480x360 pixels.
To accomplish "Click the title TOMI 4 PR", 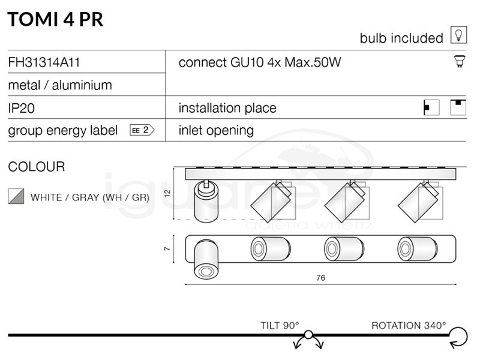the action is pos(55,19).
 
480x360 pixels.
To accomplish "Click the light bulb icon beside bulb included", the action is pos(458,35).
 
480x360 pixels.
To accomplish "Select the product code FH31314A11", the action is pos(44,62).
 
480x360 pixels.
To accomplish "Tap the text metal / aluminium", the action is pos(60,85).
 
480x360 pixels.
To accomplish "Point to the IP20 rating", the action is pos(22,108).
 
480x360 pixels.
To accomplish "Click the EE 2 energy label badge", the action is pos(142,130).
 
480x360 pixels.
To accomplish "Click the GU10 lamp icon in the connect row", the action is pos(460,61).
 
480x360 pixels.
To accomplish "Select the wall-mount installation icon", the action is pos(431,107).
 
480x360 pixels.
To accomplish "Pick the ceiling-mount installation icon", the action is pos(458,107).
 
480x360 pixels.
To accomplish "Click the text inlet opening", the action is pos(216,130).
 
